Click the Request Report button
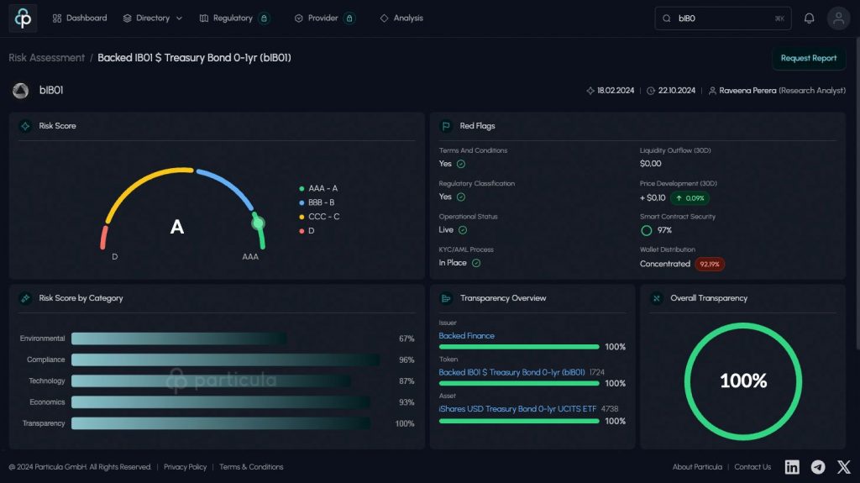click(808, 58)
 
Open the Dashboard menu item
click(80, 18)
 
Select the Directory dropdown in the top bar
click(152, 18)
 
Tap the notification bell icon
click(809, 18)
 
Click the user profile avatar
click(838, 18)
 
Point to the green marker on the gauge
click(259, 223)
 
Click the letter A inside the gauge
click(177, 227)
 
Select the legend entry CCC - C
click(322, 217)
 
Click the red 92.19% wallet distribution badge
click(709, 264)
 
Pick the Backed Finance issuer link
click(466, 336)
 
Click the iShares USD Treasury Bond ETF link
click(517, 408)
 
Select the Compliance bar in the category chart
click(225, 360)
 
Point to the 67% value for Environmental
click(406, 339)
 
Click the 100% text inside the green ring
click(743, 381)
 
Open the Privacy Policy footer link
click(185, 467)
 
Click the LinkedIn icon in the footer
click(792, 467)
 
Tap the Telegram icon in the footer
click(818, 467)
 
